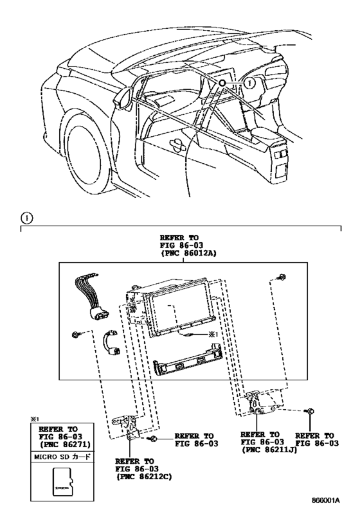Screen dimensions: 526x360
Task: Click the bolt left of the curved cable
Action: [76, 335]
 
